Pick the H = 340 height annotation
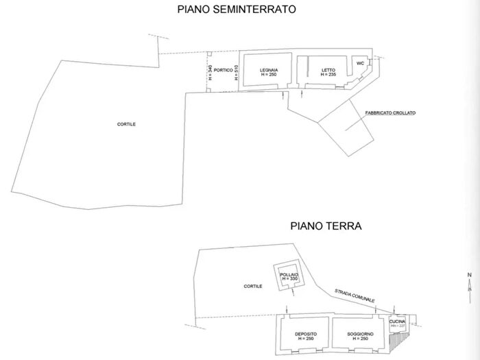(211, 73)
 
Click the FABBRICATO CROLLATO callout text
(391, 113)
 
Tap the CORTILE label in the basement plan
(125, 125)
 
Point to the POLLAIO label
(288, 274)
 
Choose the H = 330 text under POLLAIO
(288, 278)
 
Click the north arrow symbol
(470, 283)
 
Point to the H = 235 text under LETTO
(326, 75)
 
